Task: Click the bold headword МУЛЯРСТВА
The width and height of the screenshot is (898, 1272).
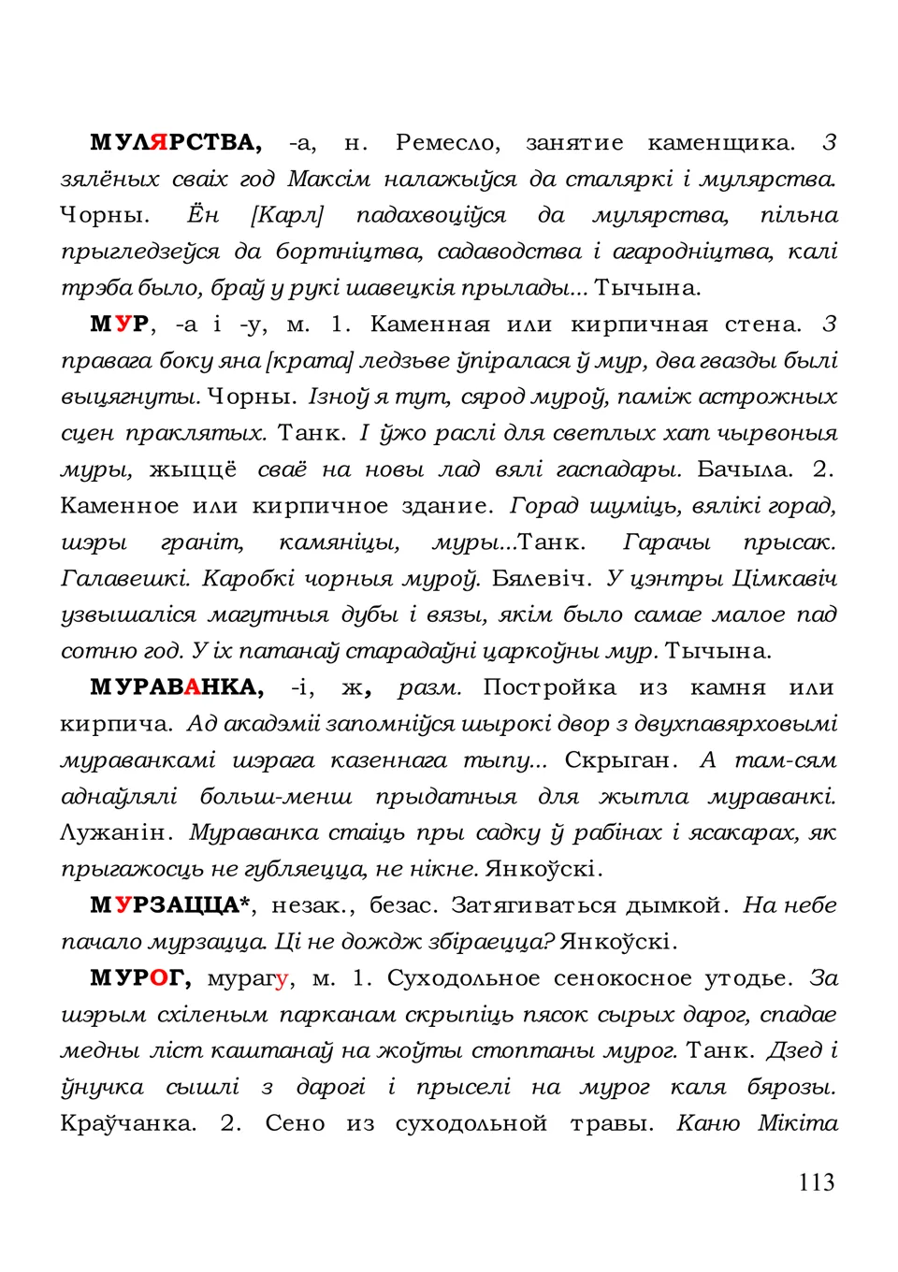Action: [175, 143]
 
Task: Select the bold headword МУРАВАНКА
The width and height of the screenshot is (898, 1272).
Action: [176, 688]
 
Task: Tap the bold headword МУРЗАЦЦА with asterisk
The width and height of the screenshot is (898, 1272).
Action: [171, 905]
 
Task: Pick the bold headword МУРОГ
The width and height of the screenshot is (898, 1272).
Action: [140, 978]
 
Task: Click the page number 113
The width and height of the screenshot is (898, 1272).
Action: [816, 1182]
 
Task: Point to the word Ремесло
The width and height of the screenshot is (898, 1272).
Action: [447, 143]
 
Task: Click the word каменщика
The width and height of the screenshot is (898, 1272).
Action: [720, 143]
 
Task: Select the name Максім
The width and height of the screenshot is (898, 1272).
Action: [328, 179]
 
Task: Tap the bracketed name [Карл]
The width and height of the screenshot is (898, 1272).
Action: [286, 215]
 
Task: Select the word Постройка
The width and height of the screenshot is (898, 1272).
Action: [549, 688]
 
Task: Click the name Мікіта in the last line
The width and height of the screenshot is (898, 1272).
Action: [798, 1123]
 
